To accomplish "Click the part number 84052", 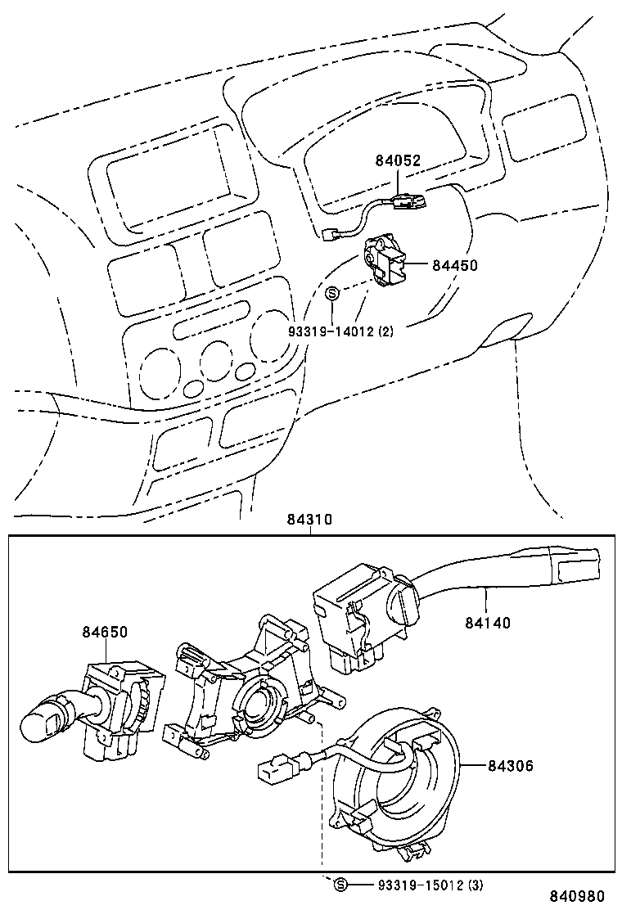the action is click(398, 160).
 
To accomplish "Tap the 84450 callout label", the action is click(455, 265).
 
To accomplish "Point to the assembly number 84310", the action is click(310, 520).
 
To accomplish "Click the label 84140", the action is click(488, 624).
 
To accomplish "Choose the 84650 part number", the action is click(105, 632).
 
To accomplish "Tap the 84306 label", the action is click(510, 765).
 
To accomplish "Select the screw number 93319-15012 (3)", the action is click(431, 885).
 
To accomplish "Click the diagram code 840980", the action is click(577, 897).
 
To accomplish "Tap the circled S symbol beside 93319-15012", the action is click(340, 885).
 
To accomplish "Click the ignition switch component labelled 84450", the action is click(383, 260).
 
